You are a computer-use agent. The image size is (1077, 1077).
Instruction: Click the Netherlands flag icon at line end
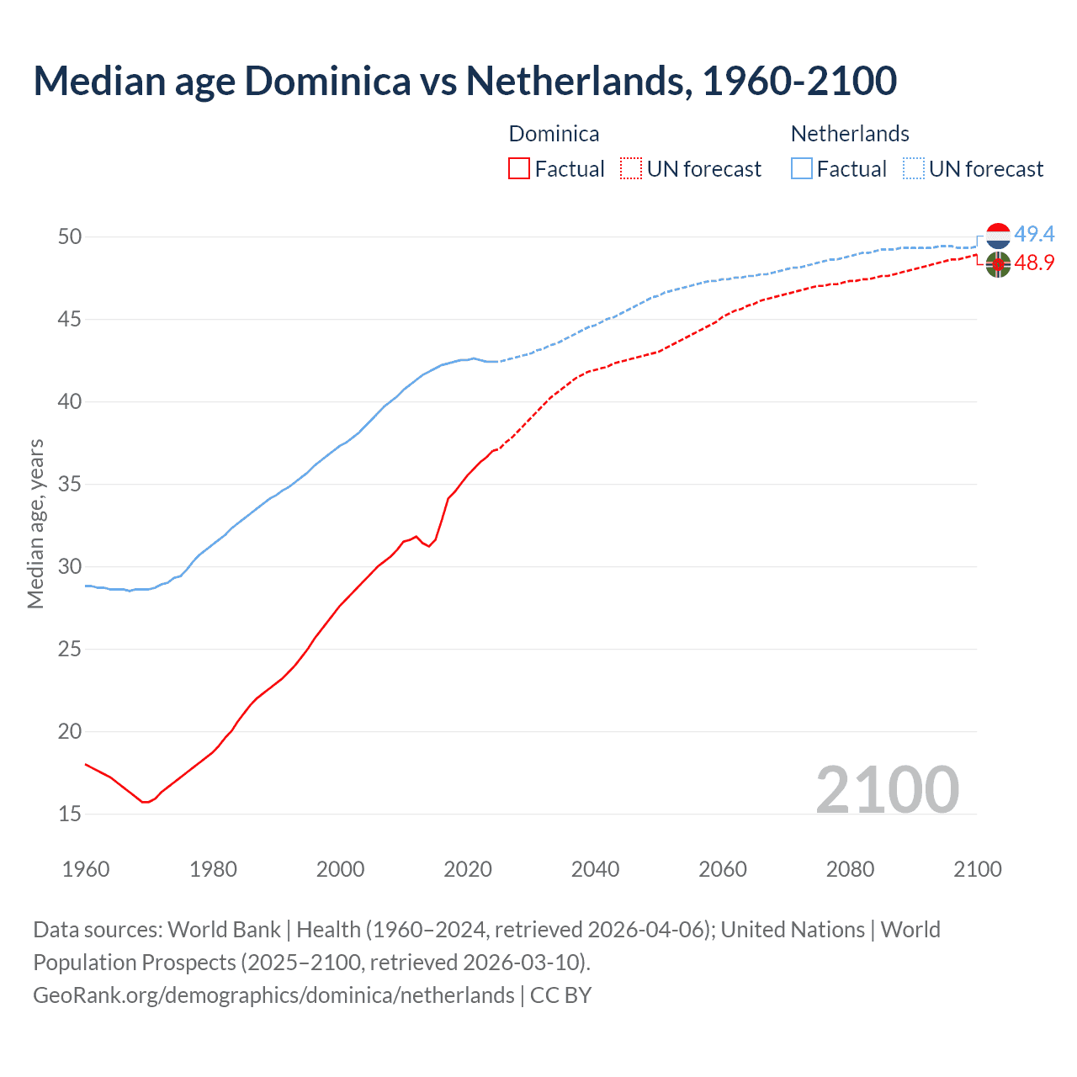click(x=998, y=236)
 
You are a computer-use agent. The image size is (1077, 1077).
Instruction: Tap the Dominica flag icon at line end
click(x=998, y=264)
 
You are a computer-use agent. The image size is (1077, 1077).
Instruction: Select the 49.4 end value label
click(x=1034, y=234)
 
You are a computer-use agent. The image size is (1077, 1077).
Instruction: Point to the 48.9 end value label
click(x=1034, y=263)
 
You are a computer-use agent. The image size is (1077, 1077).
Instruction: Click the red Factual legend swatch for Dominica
click(x=519, y=169)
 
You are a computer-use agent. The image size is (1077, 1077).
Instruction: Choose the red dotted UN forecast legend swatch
click(x=631, y=169)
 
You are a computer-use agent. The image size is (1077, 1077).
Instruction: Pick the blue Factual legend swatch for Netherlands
click(x=802, y=169)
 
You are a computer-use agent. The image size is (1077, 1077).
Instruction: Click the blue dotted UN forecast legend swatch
click(x=914, y=169)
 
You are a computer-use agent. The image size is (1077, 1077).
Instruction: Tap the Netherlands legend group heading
click(x=850, y=134)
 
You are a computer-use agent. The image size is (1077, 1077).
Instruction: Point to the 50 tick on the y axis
click(x=70, y=237)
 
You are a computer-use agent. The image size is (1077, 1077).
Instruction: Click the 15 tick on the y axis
click(x=70, y=814)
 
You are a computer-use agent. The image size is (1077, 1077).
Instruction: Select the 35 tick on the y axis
click(x=70, y=485)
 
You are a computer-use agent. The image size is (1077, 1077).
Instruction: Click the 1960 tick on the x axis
click(x=86, y=869)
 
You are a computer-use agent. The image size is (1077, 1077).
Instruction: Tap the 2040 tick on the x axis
click(x=595, y=869)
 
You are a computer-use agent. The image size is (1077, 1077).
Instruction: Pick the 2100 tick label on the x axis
click(x=977, y=869)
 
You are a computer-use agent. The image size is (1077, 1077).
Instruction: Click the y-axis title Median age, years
click(x=35, y=523)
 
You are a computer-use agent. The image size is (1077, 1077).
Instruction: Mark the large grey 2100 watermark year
click(x=887, y=789)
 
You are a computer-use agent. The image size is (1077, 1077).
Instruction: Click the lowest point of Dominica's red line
click(x=145, y=802)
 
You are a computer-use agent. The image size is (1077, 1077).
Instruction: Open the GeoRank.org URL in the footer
click(x=273, y=995)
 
